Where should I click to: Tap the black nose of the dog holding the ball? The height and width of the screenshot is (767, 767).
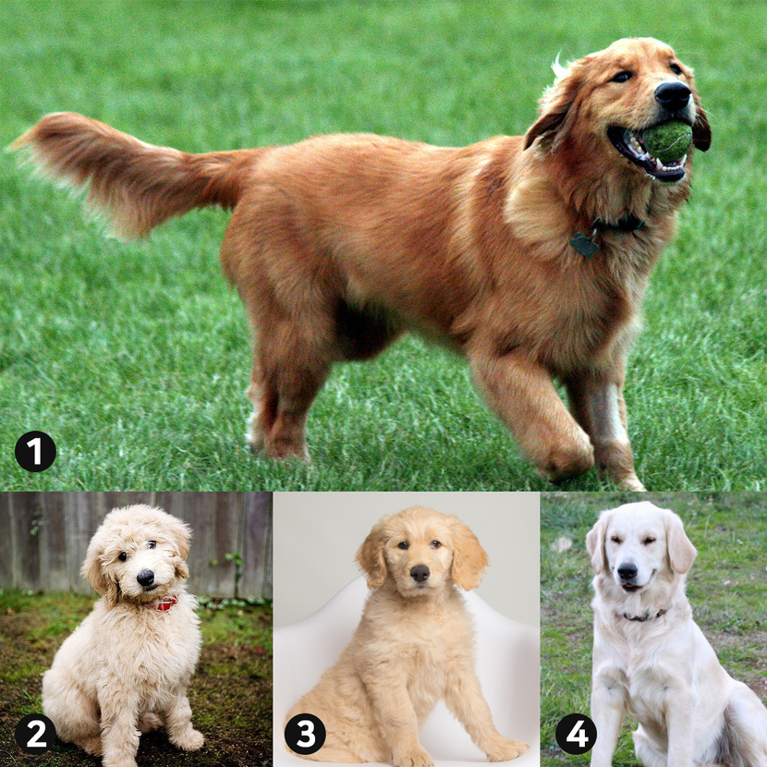pos(673,95)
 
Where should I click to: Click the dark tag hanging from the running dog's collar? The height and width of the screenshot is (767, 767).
pos(585,245)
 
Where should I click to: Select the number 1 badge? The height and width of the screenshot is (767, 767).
pos(35,451)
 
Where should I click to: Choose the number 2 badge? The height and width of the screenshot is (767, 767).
pos(35,734)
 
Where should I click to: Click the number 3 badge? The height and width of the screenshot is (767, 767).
pos(305,734)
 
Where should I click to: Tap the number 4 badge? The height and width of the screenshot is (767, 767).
pos(577,734)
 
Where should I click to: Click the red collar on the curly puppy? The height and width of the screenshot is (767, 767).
pos(165,603)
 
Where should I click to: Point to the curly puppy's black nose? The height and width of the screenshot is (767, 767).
pos(145,578)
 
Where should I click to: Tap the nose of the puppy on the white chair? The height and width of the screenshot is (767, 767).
pos(420,573)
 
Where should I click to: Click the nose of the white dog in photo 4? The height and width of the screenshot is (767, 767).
pos(627,571)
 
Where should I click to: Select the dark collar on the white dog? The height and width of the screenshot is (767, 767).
pos(643,615)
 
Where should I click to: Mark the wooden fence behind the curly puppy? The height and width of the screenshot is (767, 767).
pos(136,543)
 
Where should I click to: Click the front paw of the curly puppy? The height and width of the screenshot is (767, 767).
pos(189,739)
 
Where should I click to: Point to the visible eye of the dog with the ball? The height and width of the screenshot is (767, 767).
pos(622,77)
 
